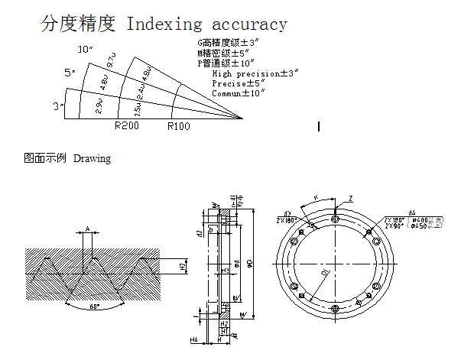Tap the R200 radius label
point(126,126)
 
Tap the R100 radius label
point(178,126)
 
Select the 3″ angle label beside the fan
point(58,106)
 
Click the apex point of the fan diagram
point(243,119)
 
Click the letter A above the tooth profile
point(88,229)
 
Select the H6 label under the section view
point(193,339)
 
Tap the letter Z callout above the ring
point(350,199)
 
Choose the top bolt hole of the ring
point(335,219)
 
